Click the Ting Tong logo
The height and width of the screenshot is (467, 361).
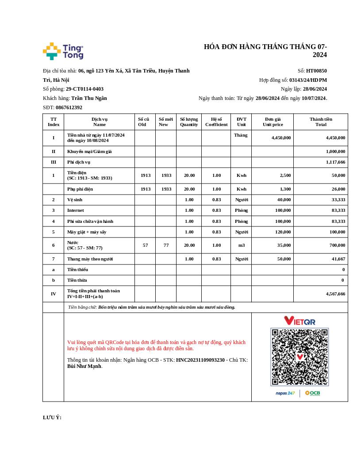click(63, 51)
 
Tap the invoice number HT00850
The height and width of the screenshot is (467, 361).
click(316, 71)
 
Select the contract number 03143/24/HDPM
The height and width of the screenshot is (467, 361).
click(308, 80)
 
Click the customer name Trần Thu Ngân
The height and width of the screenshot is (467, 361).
click(89, 98)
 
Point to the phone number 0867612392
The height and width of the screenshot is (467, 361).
click(69, 107)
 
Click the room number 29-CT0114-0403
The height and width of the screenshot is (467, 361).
click(84, 89)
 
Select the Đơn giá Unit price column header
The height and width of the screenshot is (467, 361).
click(273, 122)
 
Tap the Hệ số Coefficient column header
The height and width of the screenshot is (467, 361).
click(216, 122)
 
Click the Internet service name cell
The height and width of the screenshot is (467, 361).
click(75, 210)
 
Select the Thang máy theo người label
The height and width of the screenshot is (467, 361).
click(90, 259)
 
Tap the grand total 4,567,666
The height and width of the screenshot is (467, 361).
click(335, 294)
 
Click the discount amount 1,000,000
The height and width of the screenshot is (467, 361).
click(335, 151)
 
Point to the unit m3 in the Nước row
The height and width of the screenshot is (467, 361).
click(241, 245)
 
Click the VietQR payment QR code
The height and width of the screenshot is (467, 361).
click(300, 356)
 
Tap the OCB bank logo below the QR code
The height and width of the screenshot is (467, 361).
click(312, 393)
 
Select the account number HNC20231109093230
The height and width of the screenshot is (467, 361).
click(200, 360)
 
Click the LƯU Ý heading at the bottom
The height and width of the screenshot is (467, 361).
click(52, 417)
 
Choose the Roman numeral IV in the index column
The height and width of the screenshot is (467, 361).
click(54, 294)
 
